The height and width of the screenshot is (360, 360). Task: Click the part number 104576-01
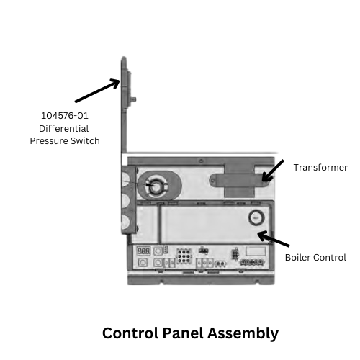(x=65, y=116)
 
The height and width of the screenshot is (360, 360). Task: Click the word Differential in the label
(x=64, y=128)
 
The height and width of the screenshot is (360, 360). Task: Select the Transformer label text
(x=320, y=168)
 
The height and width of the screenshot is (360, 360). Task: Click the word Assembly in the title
(x=243, y=334)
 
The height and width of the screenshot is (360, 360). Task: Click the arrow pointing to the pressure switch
(x=97, y=91)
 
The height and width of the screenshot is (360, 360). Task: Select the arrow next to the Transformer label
(x=273, y=171)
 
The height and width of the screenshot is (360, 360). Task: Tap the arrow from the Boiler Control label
(x=274, y=239)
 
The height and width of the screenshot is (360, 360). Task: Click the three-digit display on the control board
(x=143, y=251)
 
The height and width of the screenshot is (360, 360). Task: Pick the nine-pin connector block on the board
(x=184, y=256)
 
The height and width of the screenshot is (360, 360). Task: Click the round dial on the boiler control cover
(x=256, y=217)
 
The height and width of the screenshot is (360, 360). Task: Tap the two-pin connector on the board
(x=220, y=264)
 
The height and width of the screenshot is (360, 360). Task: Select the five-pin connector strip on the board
(x=251, y=262)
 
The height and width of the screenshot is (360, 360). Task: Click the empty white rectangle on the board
(x=256, y=251)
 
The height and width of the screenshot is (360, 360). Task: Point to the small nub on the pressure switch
(x=133, y=99)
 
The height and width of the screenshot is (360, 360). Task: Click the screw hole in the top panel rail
(x=201, y=161)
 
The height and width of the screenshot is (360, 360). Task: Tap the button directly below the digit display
(x=143, y=263)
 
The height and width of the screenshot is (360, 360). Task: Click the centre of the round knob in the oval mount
(x=156, y=187)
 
